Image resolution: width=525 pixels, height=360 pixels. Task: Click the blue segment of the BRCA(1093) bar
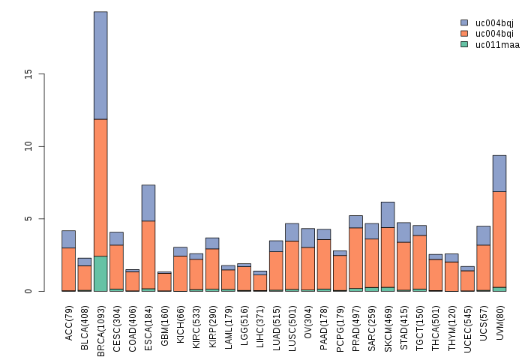[x=100, y=65]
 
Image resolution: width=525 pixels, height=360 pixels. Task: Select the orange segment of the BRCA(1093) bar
[x=100, y=187]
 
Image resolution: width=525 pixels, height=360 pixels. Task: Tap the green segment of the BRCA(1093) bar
[x=100, y=274]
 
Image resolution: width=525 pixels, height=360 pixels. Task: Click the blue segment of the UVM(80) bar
[x=499, y=173]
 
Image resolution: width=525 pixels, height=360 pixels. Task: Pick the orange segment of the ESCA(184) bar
[x=148, y=254]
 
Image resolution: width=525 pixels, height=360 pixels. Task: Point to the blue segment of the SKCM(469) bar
[x=388, y=214]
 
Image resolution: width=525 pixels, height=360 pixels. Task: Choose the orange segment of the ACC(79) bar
[x=68, y=268]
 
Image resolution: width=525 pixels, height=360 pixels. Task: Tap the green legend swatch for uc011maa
[x=464, y=44]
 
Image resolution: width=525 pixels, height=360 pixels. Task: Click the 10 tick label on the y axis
[x=28, y=146]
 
